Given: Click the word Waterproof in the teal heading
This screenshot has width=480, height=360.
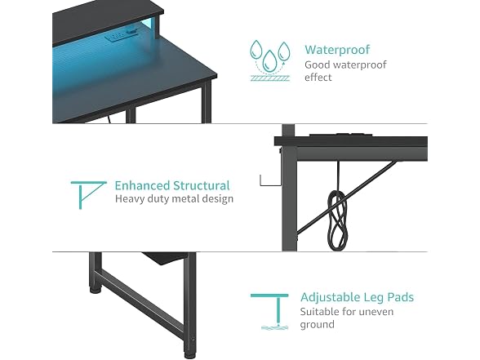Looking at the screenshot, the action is click(337, 50).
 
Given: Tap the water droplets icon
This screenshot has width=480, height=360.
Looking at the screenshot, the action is click(269, 60).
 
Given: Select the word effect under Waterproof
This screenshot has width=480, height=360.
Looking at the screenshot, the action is click(318, 78).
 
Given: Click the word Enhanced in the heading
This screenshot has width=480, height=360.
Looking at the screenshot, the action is click(142, 185).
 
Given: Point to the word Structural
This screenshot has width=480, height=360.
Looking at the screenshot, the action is click(201, 185).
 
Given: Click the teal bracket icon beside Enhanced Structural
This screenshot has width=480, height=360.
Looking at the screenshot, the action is click(88, 195).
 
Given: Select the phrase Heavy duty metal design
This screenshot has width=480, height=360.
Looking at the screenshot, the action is click(174, 199).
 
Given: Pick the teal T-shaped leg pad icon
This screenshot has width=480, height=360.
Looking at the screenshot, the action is click(274, 311).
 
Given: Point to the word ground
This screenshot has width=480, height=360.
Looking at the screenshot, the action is click(317, 325).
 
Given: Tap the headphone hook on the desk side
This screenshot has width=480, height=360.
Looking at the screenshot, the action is click(269, 181).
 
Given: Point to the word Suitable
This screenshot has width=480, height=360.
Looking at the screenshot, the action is click(319, 312).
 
